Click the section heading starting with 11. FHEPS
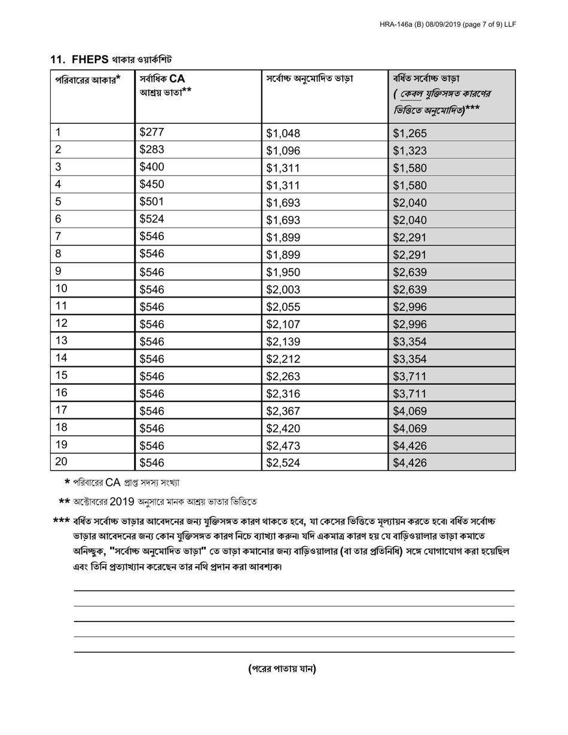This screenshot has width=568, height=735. pyautogui.click(x=111, y=59)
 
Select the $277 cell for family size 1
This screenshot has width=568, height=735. pyautogui.click(x=151, y=133)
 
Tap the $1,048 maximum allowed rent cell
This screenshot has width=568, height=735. pyautogui.click(x=283, y=133)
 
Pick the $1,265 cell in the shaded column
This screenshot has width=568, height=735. pyautogui.click(x=410, y=133)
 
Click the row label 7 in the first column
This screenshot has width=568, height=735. pyautogui.click(x=58, y=237)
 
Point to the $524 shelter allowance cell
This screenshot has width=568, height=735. pyautogui.click(x=151, y=219)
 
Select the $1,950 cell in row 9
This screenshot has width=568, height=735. pyautogui.click(x=283, y=272)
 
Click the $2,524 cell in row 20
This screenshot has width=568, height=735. pyautogui.click(x=283, y=463)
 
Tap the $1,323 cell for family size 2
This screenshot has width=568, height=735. pyautogui.click(x=410, y=151)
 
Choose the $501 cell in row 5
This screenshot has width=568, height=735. pyautogui.click(x=151, y=202)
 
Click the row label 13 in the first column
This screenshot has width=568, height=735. pyautogui.click(x=61, y=341)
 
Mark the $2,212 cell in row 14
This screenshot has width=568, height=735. pyautogui.click(x=283, y=359)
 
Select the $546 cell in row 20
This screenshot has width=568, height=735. pyautogui.click(x=151, y=463)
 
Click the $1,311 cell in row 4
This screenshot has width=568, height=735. pyautogui.click(x=283, y=185)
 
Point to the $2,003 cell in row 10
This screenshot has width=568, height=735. pyautogui.click(x=283, y=289)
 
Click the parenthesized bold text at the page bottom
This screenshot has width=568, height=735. pyautogui.click(x=282, y=669)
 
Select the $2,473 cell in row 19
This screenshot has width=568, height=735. pyautogui.click(x=283, y=445)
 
